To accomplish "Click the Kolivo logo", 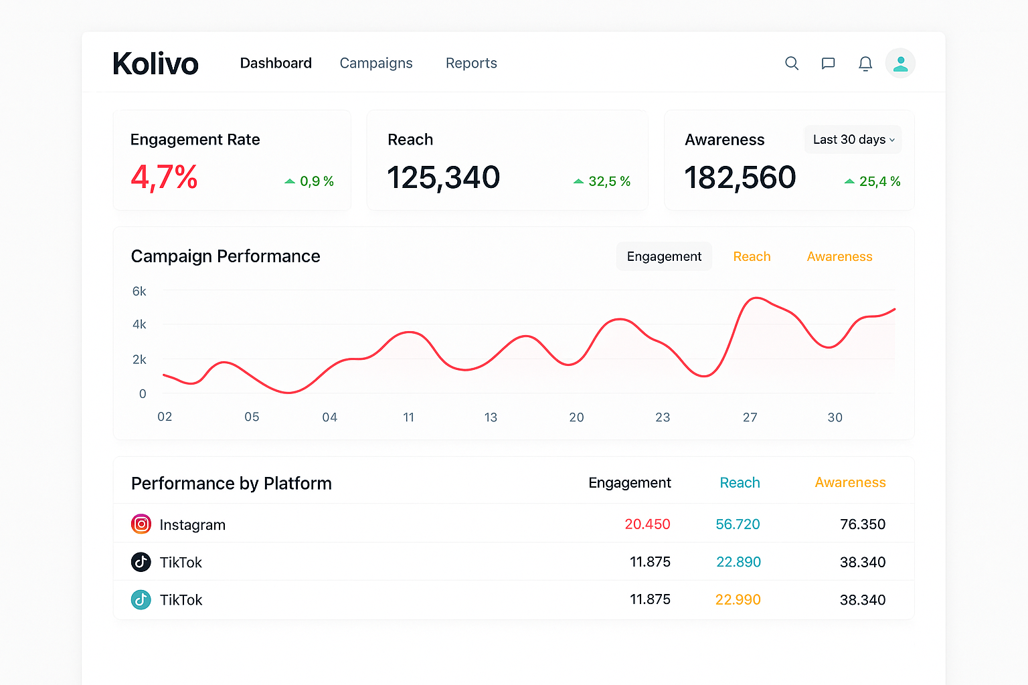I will [x=155, y=64].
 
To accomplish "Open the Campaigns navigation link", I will [x=376, y=63].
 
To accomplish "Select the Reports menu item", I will [x=471, y=63].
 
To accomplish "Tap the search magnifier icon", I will [x=792, y=63].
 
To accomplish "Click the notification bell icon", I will [x=865, y=64].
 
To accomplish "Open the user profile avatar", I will [x=900, y=64].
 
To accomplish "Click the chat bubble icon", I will [x=828, y=64].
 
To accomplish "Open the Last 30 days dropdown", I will [x=853, y=140].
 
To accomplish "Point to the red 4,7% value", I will [x=164, y=178].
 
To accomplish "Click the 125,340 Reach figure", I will [x=443, y=178].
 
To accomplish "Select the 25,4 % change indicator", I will [x=873, y=181].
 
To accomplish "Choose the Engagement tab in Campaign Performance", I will [x=664, y=257].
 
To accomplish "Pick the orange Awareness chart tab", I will [x=839, y=257].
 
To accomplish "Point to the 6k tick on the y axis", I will [x=139, y=292].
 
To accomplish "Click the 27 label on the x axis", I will [x=750, y=417].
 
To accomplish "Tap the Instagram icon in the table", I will [x=141, y=524].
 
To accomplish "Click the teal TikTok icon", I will [x=141, y=599].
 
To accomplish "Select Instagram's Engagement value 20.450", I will [x=647, y=524].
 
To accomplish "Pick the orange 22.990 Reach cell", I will [x=738, y=600].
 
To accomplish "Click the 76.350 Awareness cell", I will [x=862, y=524].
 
